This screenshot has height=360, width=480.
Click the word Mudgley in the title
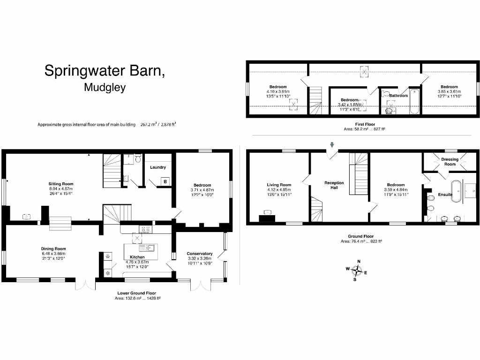105,88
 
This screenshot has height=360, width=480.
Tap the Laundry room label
157,167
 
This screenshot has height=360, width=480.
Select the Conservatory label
200,254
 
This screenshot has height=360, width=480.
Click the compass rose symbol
357,270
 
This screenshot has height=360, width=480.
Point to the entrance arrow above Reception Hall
332,145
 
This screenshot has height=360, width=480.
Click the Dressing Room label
450,162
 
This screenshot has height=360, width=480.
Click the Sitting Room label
61,184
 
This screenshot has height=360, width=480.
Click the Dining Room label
53,249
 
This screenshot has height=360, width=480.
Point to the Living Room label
279,185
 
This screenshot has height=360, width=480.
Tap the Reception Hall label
334,185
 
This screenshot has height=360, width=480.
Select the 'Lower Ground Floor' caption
137,293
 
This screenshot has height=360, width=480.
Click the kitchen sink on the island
149,247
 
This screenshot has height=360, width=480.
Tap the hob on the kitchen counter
145,229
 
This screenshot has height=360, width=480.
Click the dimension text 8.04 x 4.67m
61,188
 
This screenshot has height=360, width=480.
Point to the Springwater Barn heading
105,70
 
